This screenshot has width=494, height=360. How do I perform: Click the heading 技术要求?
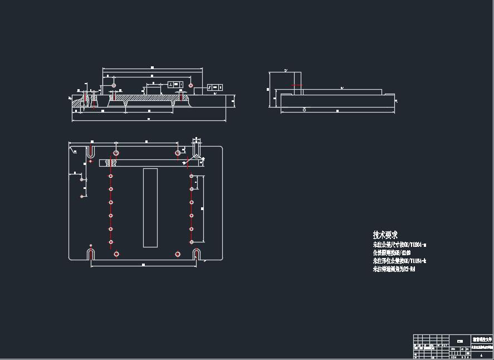tap(385, 235)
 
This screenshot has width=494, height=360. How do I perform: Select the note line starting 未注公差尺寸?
tap(399, 245)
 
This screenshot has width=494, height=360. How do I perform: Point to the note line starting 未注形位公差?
tap(399, 261)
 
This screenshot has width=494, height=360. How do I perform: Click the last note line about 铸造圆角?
tap(394, 269)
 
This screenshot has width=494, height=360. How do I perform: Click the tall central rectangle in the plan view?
tap(150, 207)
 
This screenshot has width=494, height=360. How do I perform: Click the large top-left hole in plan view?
tap(116, 153)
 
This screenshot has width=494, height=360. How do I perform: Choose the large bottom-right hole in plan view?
tap(178, 254)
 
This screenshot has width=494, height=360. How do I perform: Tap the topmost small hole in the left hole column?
tap(111, 176)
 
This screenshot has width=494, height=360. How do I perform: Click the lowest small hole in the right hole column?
tap(191, 242)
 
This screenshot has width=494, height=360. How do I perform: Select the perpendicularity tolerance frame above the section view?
tap(175, 84)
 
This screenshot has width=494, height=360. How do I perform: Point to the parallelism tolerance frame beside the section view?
tap(215, 87)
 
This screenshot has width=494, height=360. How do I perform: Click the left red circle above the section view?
tap(113, 85)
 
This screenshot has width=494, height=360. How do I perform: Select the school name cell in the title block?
tap(482, 338)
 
